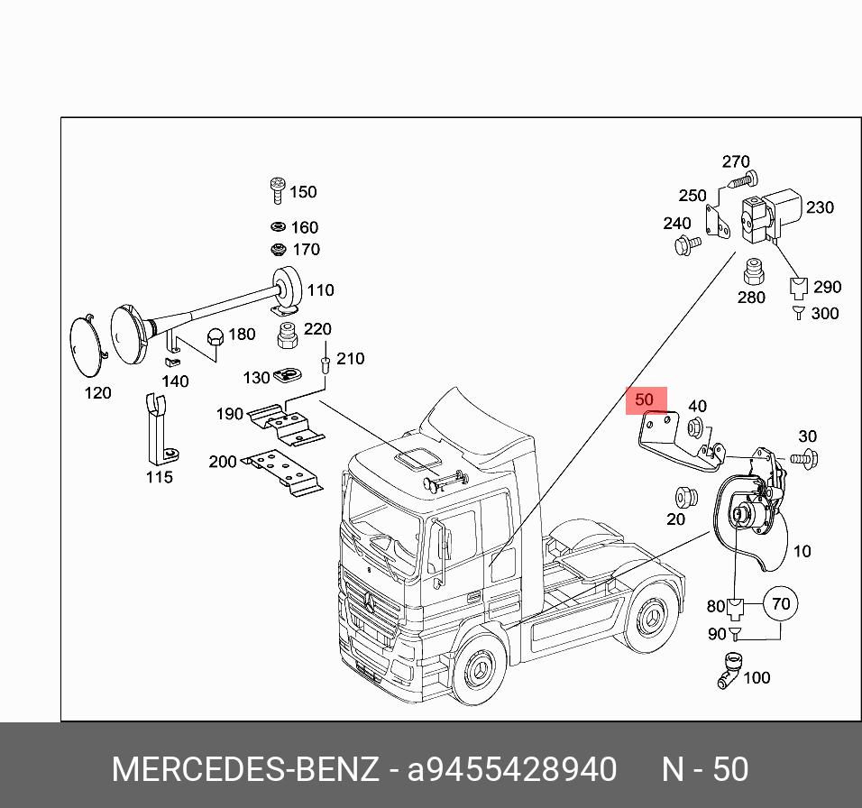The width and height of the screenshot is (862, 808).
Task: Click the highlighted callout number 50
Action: (x=645, y=399)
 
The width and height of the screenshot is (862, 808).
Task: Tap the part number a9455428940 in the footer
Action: (x=512, y=769)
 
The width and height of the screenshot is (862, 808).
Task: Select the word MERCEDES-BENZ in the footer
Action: (x=244, y=769)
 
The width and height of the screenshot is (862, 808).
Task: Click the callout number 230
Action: (x=820, y=207)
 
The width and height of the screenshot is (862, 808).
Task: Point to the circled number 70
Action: (x=781, y=603)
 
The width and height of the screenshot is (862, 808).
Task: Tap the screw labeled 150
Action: (x=278, y=191)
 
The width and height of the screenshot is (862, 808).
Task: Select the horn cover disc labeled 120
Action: (x=89, y=346)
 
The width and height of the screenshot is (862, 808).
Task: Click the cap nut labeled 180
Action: (x=215, y=337)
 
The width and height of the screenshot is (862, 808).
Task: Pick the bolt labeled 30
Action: (x=803, y=457)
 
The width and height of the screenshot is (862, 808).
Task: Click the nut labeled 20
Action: (x=683, y=498)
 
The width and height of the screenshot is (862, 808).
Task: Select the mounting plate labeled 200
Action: (x=285, y=472)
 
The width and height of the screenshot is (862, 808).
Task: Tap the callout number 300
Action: (x=824, y=314)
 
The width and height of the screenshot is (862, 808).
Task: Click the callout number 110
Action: (x=320, y=290)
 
